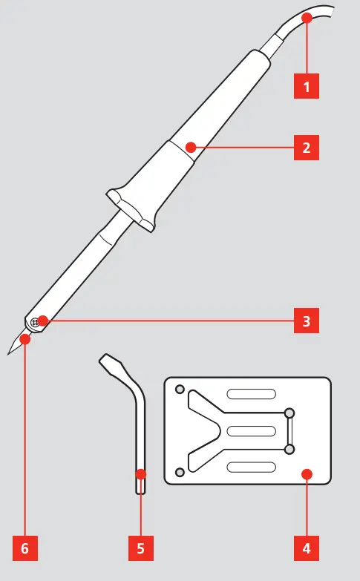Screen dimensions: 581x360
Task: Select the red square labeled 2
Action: tap(306, 147)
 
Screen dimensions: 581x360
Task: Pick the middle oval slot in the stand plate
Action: tap(251, 431)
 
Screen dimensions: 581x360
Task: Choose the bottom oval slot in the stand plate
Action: tap(251, 467)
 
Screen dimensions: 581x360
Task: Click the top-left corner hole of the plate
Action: tap(179, 389)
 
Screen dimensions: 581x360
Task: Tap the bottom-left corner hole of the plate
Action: tap(179, 473)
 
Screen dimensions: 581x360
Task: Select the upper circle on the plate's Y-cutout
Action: tap(289, 413)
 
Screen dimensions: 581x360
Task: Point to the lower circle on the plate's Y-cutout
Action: tap(289, 448)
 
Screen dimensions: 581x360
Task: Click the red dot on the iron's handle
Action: tap(191, 147)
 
